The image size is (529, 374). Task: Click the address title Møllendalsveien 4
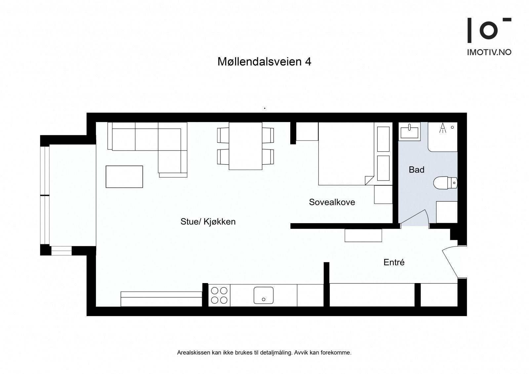[x=264, y=62]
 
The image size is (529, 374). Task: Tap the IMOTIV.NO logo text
[x=489, y=52]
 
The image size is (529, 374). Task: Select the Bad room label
[x=416, y=170]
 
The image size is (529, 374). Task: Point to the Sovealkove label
[x=332, y=202]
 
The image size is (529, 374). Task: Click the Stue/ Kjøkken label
[x=208, y=222]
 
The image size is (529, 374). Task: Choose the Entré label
[x=394, y=262]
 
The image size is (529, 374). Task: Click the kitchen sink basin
[x=263, y=295]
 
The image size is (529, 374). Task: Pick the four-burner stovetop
[x=219, y=295]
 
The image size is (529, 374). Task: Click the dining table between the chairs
[x=245, y=146]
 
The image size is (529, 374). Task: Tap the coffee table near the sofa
[x=124, y=177]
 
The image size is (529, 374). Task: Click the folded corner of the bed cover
[x=368, y=180]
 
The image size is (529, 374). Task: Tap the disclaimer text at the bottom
[x=264, y=353]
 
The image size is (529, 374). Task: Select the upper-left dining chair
[x=223, y=135]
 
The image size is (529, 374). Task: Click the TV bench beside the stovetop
[x=161, y=299]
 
